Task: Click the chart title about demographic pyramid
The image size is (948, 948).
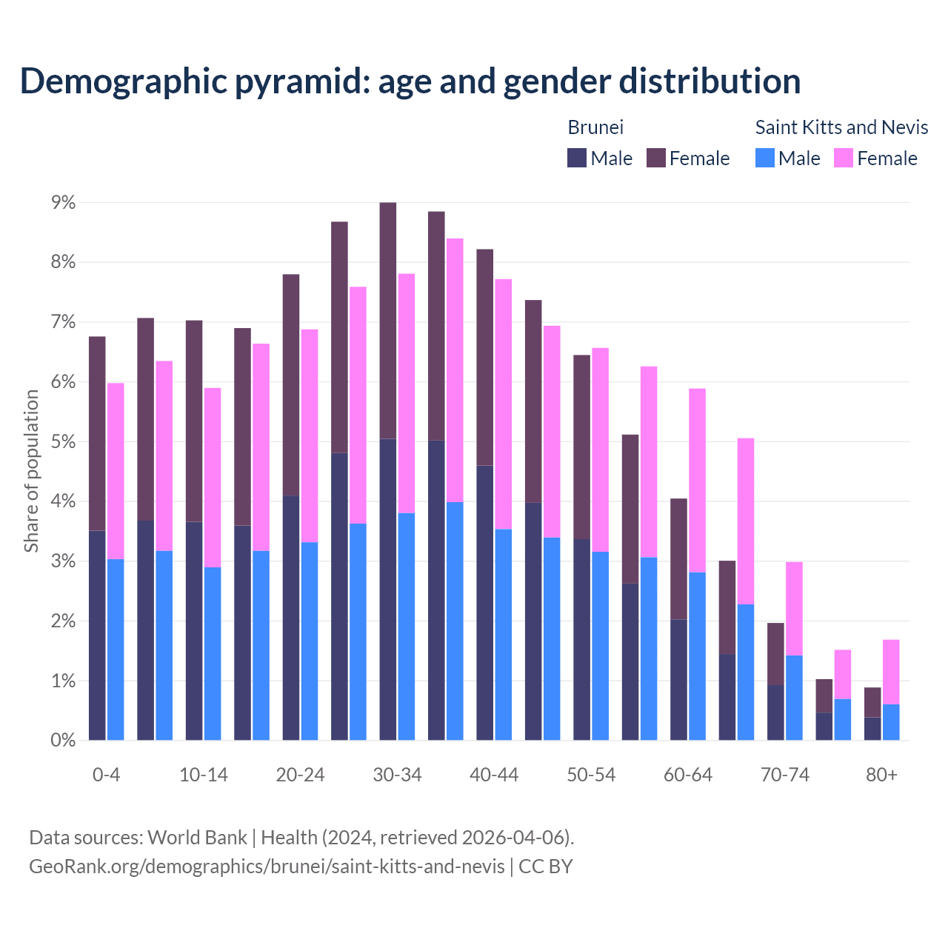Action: [x=410, y=81]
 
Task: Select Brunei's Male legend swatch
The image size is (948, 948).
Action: [x=577, y=158]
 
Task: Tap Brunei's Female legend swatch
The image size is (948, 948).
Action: [x=656, y=158]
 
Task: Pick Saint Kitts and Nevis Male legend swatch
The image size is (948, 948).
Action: [x=765, y=158]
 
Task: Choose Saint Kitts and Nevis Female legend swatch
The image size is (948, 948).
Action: [x=844, y=158]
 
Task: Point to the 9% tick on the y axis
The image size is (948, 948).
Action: [x=63, y=202]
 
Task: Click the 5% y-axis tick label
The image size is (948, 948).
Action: [x=63, y=441]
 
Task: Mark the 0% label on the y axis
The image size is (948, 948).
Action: [x=63, y=740]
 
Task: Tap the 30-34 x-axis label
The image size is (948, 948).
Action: [x=397, y=775]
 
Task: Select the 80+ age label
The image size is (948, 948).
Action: [x=881, y=775]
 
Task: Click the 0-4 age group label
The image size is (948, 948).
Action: [x=106, y=775]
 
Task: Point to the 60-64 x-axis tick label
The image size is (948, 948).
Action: [x=687, y=775]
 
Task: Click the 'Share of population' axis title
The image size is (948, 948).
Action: [x=31, y=471]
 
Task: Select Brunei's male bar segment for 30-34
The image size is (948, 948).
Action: [x=387, y=589]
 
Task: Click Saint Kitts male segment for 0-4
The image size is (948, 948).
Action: [x=116, y=650]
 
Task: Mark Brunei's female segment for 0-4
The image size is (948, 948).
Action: [x=97, y=433]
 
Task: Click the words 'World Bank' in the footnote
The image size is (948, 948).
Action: [x=197, y=838]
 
